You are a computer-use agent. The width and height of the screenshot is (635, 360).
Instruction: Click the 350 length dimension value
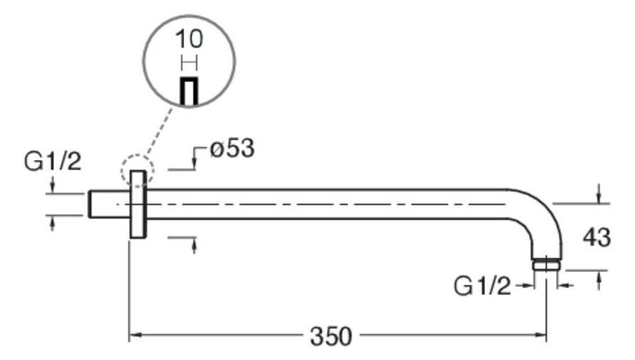tap(331, 336)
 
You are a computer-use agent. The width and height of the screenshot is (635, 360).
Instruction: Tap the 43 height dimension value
tap(596, 237)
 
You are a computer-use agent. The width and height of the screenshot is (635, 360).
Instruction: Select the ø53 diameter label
tap(233, 148)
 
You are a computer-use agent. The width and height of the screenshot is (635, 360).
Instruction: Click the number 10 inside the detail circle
tap(188, 39)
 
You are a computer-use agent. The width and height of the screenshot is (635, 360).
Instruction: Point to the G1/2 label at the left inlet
tap(53, 162)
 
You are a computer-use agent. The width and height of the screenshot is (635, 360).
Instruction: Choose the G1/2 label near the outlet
tap(482, 286)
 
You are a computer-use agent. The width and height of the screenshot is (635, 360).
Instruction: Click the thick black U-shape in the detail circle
tap(188, 91)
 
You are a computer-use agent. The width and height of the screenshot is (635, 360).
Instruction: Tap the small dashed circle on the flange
tap(138, 170)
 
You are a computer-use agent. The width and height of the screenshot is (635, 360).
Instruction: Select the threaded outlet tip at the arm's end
tap(546, 265)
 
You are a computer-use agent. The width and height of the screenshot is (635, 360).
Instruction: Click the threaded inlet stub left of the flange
tap(110, 204)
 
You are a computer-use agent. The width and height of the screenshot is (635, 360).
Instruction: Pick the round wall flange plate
tap(138, 204)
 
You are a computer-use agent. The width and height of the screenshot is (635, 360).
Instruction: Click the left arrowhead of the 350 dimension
tap(134, 335)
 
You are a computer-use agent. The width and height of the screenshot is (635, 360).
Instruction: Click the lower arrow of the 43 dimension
tap(599, 280)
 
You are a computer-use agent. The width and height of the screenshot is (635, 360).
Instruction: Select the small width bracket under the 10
tap(189, 63)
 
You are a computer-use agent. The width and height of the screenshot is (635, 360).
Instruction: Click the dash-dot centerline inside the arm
tap(311, 204)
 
